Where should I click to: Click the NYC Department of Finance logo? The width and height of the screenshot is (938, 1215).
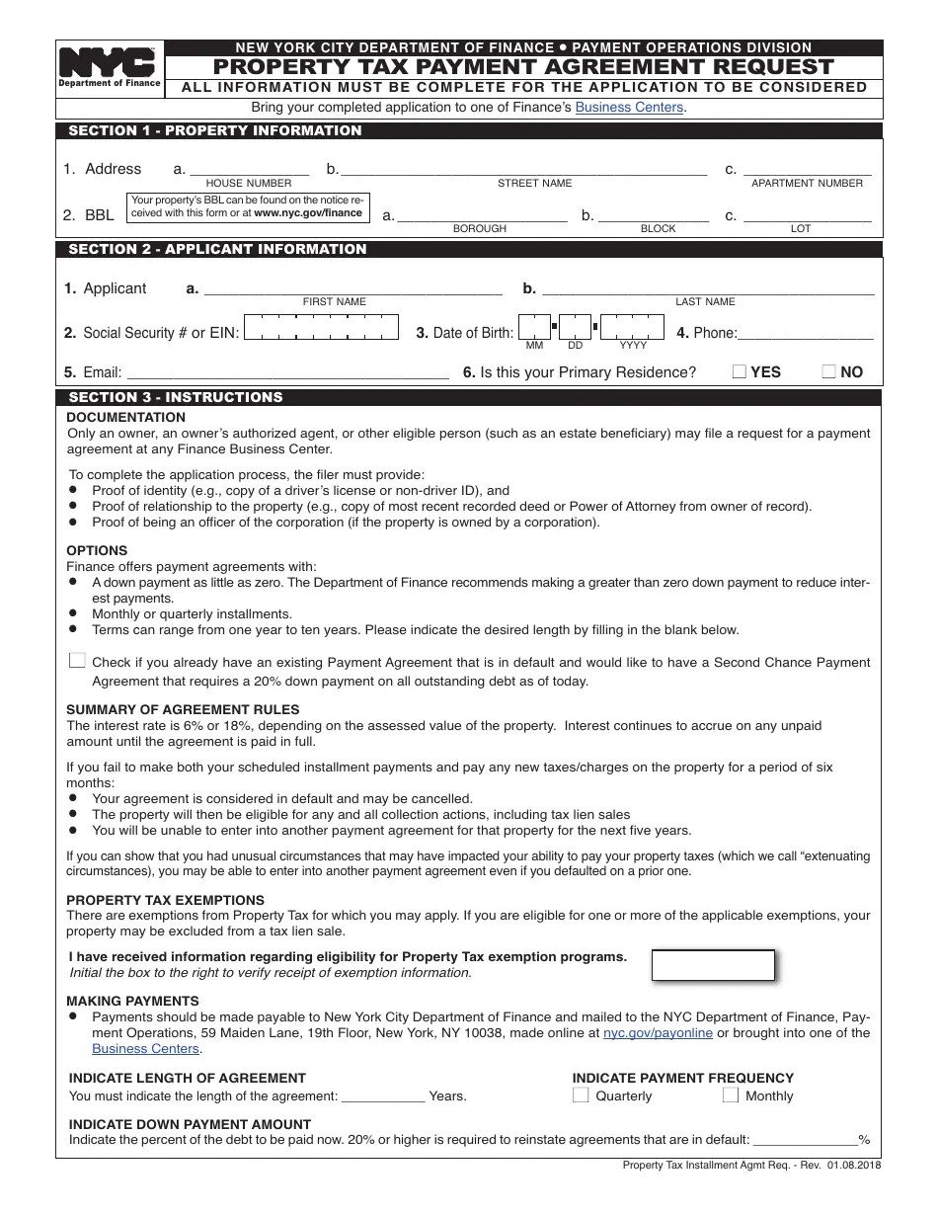109,68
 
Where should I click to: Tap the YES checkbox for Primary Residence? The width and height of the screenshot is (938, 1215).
739,371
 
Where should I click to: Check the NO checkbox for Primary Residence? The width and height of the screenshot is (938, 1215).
829,371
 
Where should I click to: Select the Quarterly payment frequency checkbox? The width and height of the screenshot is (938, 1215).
581,1094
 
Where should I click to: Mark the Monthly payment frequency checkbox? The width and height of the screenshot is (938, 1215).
731,1094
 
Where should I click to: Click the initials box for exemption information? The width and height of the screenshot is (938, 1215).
713,965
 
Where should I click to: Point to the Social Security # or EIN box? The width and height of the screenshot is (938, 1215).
321,327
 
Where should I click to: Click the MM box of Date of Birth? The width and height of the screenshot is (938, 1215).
534,326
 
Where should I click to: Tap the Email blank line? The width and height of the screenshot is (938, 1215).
288,373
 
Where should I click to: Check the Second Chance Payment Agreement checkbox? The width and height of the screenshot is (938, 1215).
77,661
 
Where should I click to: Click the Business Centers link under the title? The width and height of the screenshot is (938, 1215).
629,107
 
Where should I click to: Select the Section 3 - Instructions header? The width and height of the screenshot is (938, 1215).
176,397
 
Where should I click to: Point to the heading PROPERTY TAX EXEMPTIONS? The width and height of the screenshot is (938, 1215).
165,900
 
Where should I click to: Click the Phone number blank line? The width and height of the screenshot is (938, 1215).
805,334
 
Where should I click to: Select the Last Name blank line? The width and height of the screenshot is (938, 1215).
708,289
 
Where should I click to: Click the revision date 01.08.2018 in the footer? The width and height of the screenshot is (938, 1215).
855,1166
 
